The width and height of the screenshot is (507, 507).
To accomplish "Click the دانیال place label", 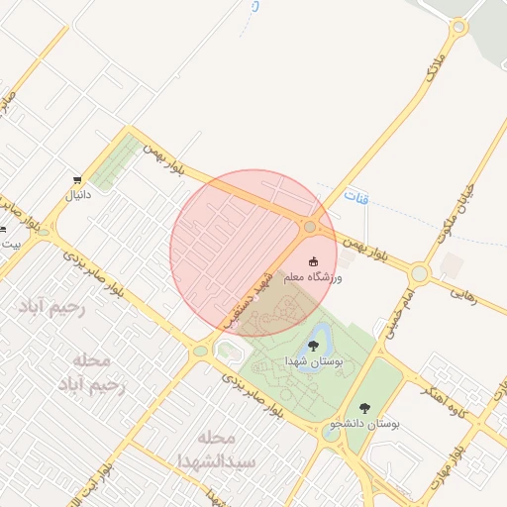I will tap(77, 195).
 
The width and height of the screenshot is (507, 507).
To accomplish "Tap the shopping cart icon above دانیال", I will tap(77, 180).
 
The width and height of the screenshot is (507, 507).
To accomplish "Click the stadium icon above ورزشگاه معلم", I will tap(314, 261).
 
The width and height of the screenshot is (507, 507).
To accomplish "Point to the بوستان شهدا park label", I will tap(313, 361).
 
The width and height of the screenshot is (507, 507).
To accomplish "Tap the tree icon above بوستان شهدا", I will tap(313, 346).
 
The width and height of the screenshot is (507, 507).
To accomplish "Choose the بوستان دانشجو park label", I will tap(368, 423).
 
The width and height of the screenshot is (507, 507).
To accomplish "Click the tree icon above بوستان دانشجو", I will tap(364, 407).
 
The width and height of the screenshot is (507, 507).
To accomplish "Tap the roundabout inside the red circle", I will tap(310, 228).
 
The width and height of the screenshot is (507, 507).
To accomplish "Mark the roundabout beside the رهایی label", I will tap(420, 272).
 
